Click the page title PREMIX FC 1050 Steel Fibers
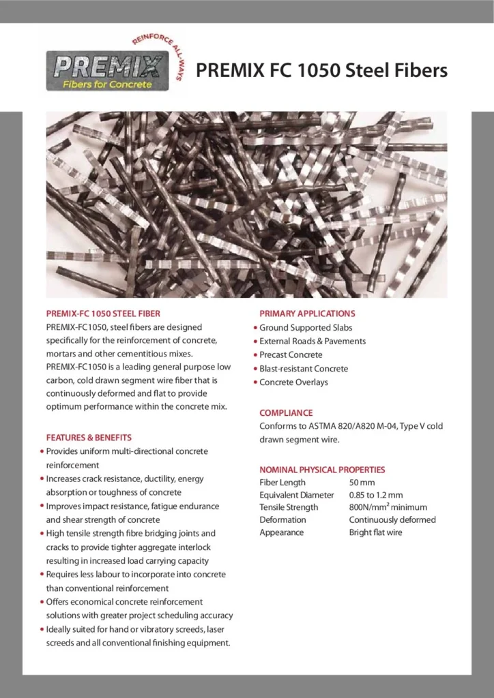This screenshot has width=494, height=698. [x=321, y=71]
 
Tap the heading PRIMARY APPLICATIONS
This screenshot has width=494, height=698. [x=307, y=314]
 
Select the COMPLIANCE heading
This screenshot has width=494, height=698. [x=286, y=412]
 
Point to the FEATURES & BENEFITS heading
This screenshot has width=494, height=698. [x=89, y=437]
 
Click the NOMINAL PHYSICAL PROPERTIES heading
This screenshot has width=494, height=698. [x=322, y=470]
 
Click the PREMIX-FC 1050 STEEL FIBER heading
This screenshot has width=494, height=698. [x=103, y=314]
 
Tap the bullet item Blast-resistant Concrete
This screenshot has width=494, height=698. [x=304, y=369]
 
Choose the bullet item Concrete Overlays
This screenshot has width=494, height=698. [x=293, y=382]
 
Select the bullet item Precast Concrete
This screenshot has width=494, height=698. [x=291, y=355]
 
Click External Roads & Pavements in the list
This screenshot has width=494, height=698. [x=313, y=342]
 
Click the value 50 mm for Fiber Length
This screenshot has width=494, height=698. [x=362, y=483]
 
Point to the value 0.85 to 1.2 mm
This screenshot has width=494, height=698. [x=376, y=495]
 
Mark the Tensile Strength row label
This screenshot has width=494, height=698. [x=289, y=507]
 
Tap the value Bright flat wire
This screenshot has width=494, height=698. [x=376, y=532]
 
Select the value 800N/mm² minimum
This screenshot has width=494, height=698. [x=388, y=507]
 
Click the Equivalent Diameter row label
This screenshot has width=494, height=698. [x=297, y=495]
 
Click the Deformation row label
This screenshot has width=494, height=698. [x=282, y=519]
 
